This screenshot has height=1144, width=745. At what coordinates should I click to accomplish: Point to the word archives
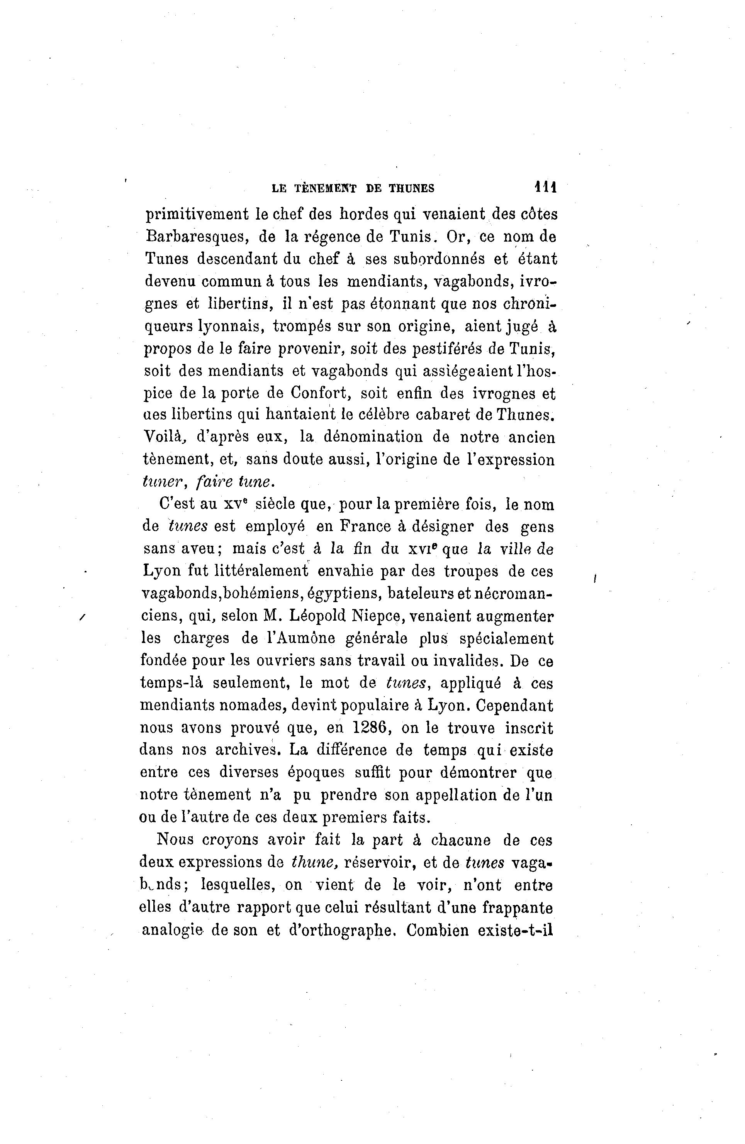tap(252, 750)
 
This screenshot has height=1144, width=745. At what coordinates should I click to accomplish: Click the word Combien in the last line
tap(438, 931)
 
